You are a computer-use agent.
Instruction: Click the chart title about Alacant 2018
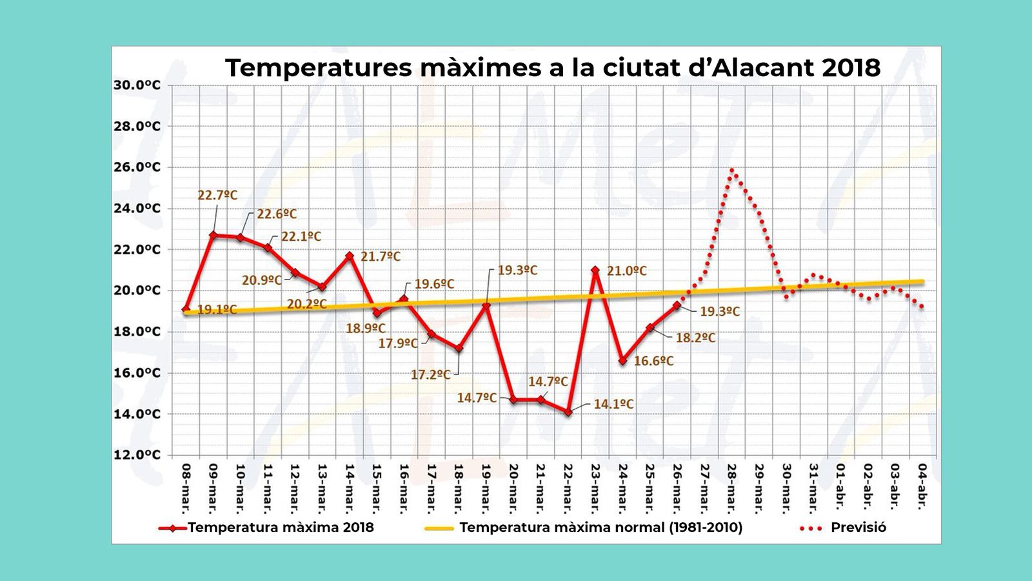point(553,68)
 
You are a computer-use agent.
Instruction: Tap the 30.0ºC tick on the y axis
point(137,85)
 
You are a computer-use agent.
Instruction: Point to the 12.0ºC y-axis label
point(137,455)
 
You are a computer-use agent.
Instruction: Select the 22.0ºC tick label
point(137,250)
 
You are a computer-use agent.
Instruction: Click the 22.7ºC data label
point(217,195)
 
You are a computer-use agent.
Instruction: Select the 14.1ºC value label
point(613,404)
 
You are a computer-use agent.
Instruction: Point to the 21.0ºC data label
point(626,271)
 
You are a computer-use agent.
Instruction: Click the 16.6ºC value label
point(653,361)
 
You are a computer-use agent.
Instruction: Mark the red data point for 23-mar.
point(595,270)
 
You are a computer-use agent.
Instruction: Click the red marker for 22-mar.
point(568,412)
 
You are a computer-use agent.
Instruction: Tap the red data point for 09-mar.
point(213,236)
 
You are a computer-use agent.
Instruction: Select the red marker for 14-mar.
point(350,256)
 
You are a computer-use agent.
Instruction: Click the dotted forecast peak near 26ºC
point(732,170)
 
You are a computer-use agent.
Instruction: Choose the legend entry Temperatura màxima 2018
point(266,527)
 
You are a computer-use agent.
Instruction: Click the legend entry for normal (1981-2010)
point(584,527)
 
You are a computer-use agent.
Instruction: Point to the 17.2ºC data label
point(430,374)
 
